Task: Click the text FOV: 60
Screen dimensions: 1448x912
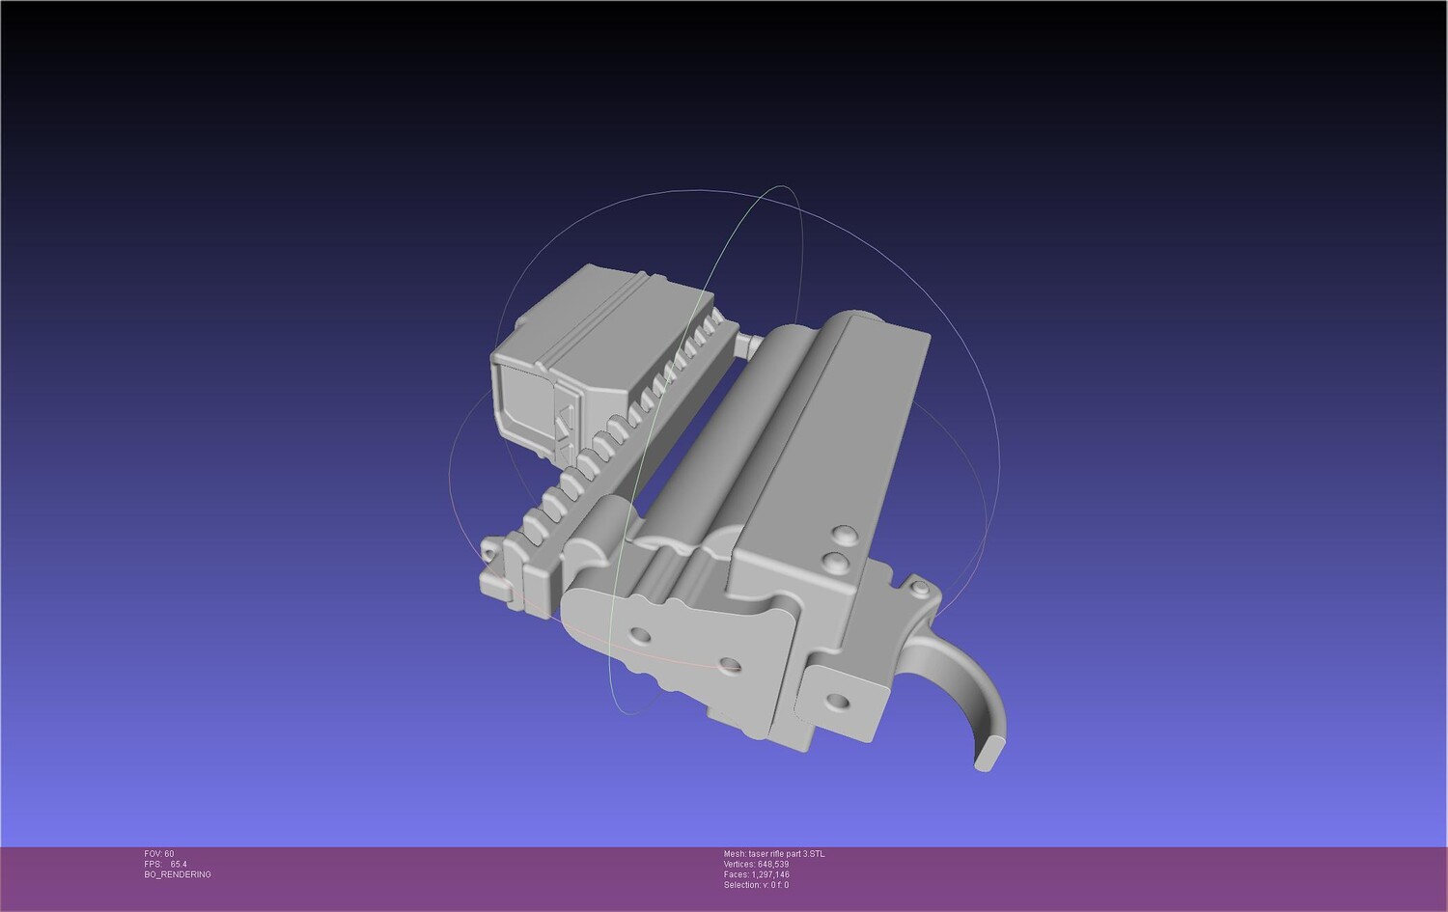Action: click(x=159, y=854)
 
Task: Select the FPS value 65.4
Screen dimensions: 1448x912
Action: click(x=179, y=864)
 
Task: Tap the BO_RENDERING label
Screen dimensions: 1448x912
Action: click(x=177, y=874)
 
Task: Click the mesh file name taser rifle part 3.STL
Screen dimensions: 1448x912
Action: click(x=787, y=854)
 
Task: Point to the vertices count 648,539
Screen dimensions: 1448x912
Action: click(x=773, y=864)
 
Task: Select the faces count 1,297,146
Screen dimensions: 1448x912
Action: click(x=770, y=874)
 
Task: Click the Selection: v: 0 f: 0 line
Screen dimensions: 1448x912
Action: click(x=756, y=885)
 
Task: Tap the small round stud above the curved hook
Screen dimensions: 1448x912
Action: click(x=921, y=588)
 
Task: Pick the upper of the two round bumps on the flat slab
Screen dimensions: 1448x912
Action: click(x=846, y=535)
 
